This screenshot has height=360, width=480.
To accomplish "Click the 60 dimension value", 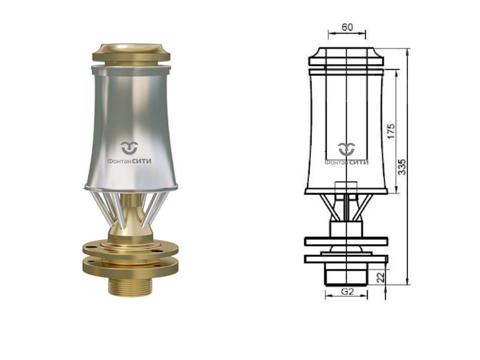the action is pyautogui.click(x=347, y=28).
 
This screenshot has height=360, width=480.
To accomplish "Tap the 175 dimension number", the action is pyautogui.click(x=391, y=131).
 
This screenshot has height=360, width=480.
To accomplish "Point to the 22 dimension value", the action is pyautogui.click(x=380, y=277).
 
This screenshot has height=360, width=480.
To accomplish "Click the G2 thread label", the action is pyautogui.click(x=347, y=292).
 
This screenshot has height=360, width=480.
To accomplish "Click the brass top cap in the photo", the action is pyautogui.click(x=131, y=54).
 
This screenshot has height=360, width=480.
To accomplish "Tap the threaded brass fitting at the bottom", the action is pyautogui.click(x=130, y=287).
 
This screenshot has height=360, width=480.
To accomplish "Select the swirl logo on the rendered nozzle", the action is pyautogui.click(x=129, y=148).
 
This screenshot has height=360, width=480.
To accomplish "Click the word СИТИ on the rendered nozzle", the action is pyautogui.click(x=142, y=161).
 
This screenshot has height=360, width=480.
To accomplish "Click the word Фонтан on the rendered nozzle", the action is pyautogui.click(x=119, y=161).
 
